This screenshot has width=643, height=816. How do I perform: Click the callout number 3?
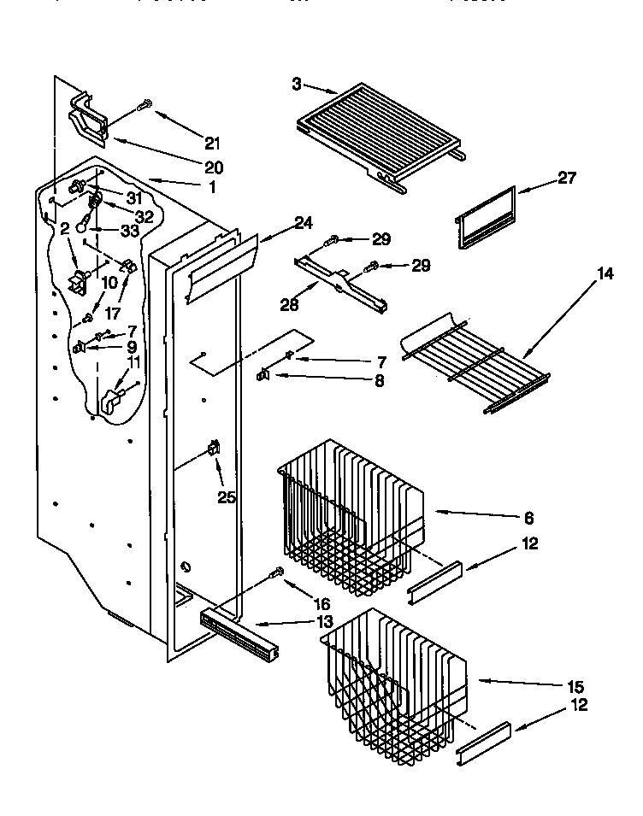coord(296,84)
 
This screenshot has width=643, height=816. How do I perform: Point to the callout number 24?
coord(304,223)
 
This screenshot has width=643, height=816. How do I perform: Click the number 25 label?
coord(226,496)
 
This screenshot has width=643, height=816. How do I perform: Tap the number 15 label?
coord(575,686)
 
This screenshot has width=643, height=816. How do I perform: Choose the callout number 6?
coord(528,517)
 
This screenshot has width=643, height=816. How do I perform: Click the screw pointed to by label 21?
coord(143,107)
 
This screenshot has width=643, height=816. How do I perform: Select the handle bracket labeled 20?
coord(89,120)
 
